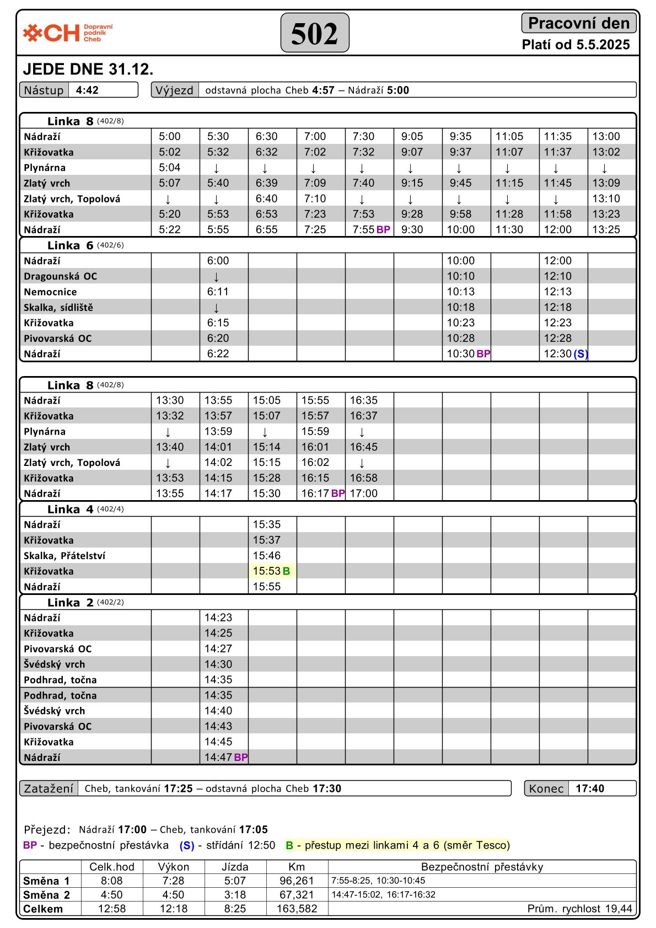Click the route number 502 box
(x=315, y=33)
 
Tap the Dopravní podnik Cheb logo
(x=68, y=33)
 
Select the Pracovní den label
(x=578, y=23)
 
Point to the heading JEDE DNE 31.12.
(x=88, y=69)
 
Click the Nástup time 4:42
(x=87, y=90)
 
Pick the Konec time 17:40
(x=590, y=788)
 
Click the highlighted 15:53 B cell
(x=272, y=571)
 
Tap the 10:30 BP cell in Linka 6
(x=467, y=354)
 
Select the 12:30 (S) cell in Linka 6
(x=565, y=354)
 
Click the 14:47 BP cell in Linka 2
(x=225, y=758)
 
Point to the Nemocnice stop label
(x=50, y=292)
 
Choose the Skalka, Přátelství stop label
(x=64, y=556)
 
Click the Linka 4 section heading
(x=71, y=509)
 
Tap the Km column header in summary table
(x=297, y=867)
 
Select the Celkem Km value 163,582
(x=297, y=909)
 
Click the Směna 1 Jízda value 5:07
(x=235, y=881)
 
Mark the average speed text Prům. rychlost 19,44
(x=579, y=909)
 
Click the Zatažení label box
(x=49, y=788)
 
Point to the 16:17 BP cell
(x=322, y=493)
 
